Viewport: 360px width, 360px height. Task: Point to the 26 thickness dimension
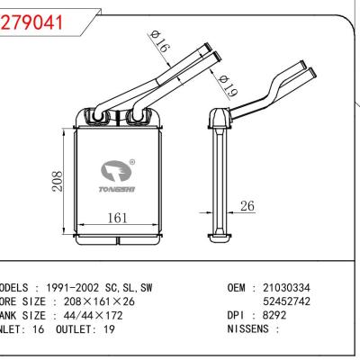click(x=247, y=207)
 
